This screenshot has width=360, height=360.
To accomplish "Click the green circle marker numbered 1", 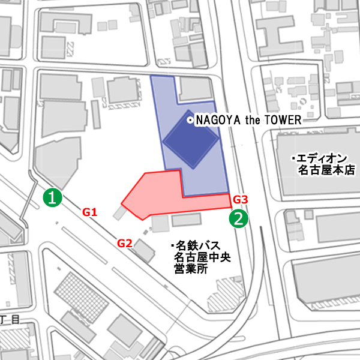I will point(53,196).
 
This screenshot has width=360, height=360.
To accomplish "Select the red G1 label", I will point(90,212).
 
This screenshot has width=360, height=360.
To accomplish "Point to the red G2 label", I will point(124,243).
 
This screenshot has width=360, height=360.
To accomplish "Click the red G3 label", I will point(240,199).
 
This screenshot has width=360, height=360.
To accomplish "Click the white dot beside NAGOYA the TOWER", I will point(190,121).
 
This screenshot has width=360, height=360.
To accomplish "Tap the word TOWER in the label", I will point(283,121).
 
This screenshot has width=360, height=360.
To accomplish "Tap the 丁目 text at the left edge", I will point(7,319).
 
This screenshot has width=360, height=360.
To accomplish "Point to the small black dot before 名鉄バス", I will point(172,246).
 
